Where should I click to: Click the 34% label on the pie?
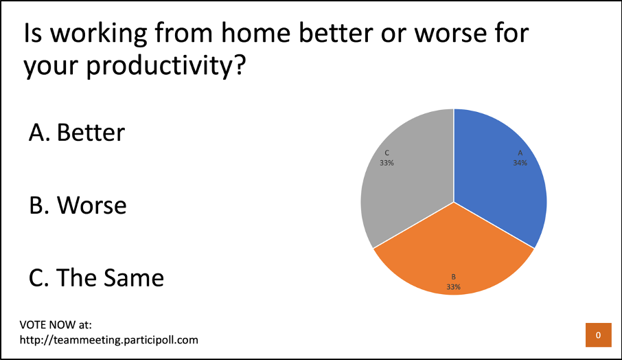(x=520, y=163)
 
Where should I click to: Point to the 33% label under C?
(x=387, y=163)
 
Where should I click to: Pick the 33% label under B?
(x=453, y=287)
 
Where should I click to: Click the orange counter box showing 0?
(x=598, y=335)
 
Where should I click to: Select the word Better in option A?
(x=91, y=133)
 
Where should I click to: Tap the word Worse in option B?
(x=91, y=205)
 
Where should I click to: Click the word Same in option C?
(x=134, y=278)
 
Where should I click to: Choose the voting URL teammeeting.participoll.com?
(x=109, y=340)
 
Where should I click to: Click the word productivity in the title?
(x=159, y=65)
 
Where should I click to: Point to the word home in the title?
(x=256, y=33)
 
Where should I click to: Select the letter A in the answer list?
(x=36, y=133)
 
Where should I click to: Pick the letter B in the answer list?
(x=36, y=205)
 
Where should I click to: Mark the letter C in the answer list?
(x=36, y=278)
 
